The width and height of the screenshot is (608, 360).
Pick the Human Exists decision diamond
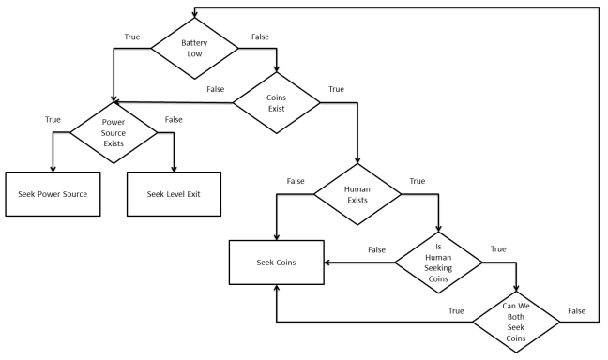coord(357,196)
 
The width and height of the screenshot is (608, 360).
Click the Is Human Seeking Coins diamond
coord(437,261)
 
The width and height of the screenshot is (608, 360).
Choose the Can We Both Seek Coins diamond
coord(517,322)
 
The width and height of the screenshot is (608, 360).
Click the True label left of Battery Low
coord(133,37)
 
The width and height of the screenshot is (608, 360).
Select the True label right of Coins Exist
coord(335,90)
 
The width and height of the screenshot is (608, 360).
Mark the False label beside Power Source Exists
coord(174,121)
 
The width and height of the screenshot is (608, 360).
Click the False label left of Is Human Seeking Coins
coord(376,249)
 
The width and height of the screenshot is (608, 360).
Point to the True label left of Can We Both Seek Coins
coord(457,310)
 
